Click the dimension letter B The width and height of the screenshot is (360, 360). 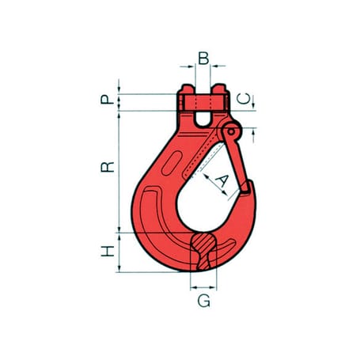point(203,59)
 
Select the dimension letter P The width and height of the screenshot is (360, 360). point(108,100)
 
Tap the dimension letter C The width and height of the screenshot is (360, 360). point(244,99)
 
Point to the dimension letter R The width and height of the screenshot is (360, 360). point(108,167)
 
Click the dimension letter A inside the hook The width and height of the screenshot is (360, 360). point(222,181)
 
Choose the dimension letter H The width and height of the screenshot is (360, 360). point(108,251)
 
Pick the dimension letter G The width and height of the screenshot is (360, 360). point(204,301)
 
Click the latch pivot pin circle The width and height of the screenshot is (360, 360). point(231,131)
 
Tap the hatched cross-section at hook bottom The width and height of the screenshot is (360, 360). point(203,250)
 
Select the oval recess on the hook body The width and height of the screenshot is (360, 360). point(172,163)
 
